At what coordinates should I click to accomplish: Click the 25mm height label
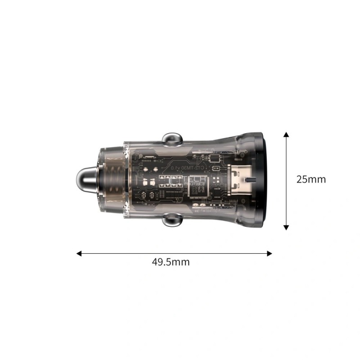tap(311, 179)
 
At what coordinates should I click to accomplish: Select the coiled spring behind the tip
tap(111, 180)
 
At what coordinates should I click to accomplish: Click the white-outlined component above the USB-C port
tap(216, 158)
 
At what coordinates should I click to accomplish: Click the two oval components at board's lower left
tap(148, 196)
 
